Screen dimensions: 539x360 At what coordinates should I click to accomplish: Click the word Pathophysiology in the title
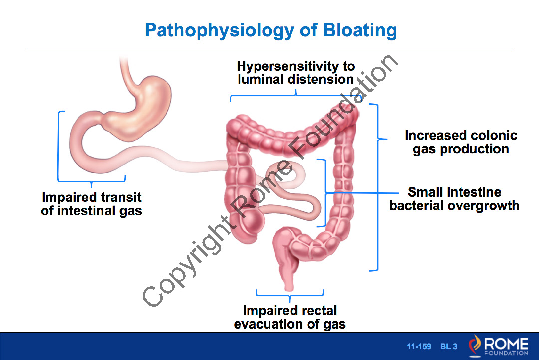tap(219, 30)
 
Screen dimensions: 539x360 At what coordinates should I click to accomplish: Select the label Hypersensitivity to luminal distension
tap(295, 73)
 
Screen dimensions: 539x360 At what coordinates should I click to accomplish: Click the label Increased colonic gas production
tap(461, 142)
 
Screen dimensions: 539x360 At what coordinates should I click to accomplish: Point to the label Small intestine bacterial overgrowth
tap(454, 198)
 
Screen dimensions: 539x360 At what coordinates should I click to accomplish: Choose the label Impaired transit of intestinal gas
tap(91, 204)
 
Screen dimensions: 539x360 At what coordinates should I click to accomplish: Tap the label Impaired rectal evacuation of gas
tap(290, 317)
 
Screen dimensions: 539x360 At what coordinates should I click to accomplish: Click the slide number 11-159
tap(419, 346)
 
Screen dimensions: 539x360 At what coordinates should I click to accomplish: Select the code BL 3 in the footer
tap(449, 346)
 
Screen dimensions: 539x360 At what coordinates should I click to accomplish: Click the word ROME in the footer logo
tap(506, 344)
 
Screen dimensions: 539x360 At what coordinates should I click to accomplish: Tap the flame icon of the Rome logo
tap(475, 345)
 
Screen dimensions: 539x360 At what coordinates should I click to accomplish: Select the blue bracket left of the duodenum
tap(58, 146)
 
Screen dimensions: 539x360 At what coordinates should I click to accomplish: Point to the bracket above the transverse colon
tap(295, 95)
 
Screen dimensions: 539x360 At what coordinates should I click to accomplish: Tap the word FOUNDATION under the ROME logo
tap(507, 353)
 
